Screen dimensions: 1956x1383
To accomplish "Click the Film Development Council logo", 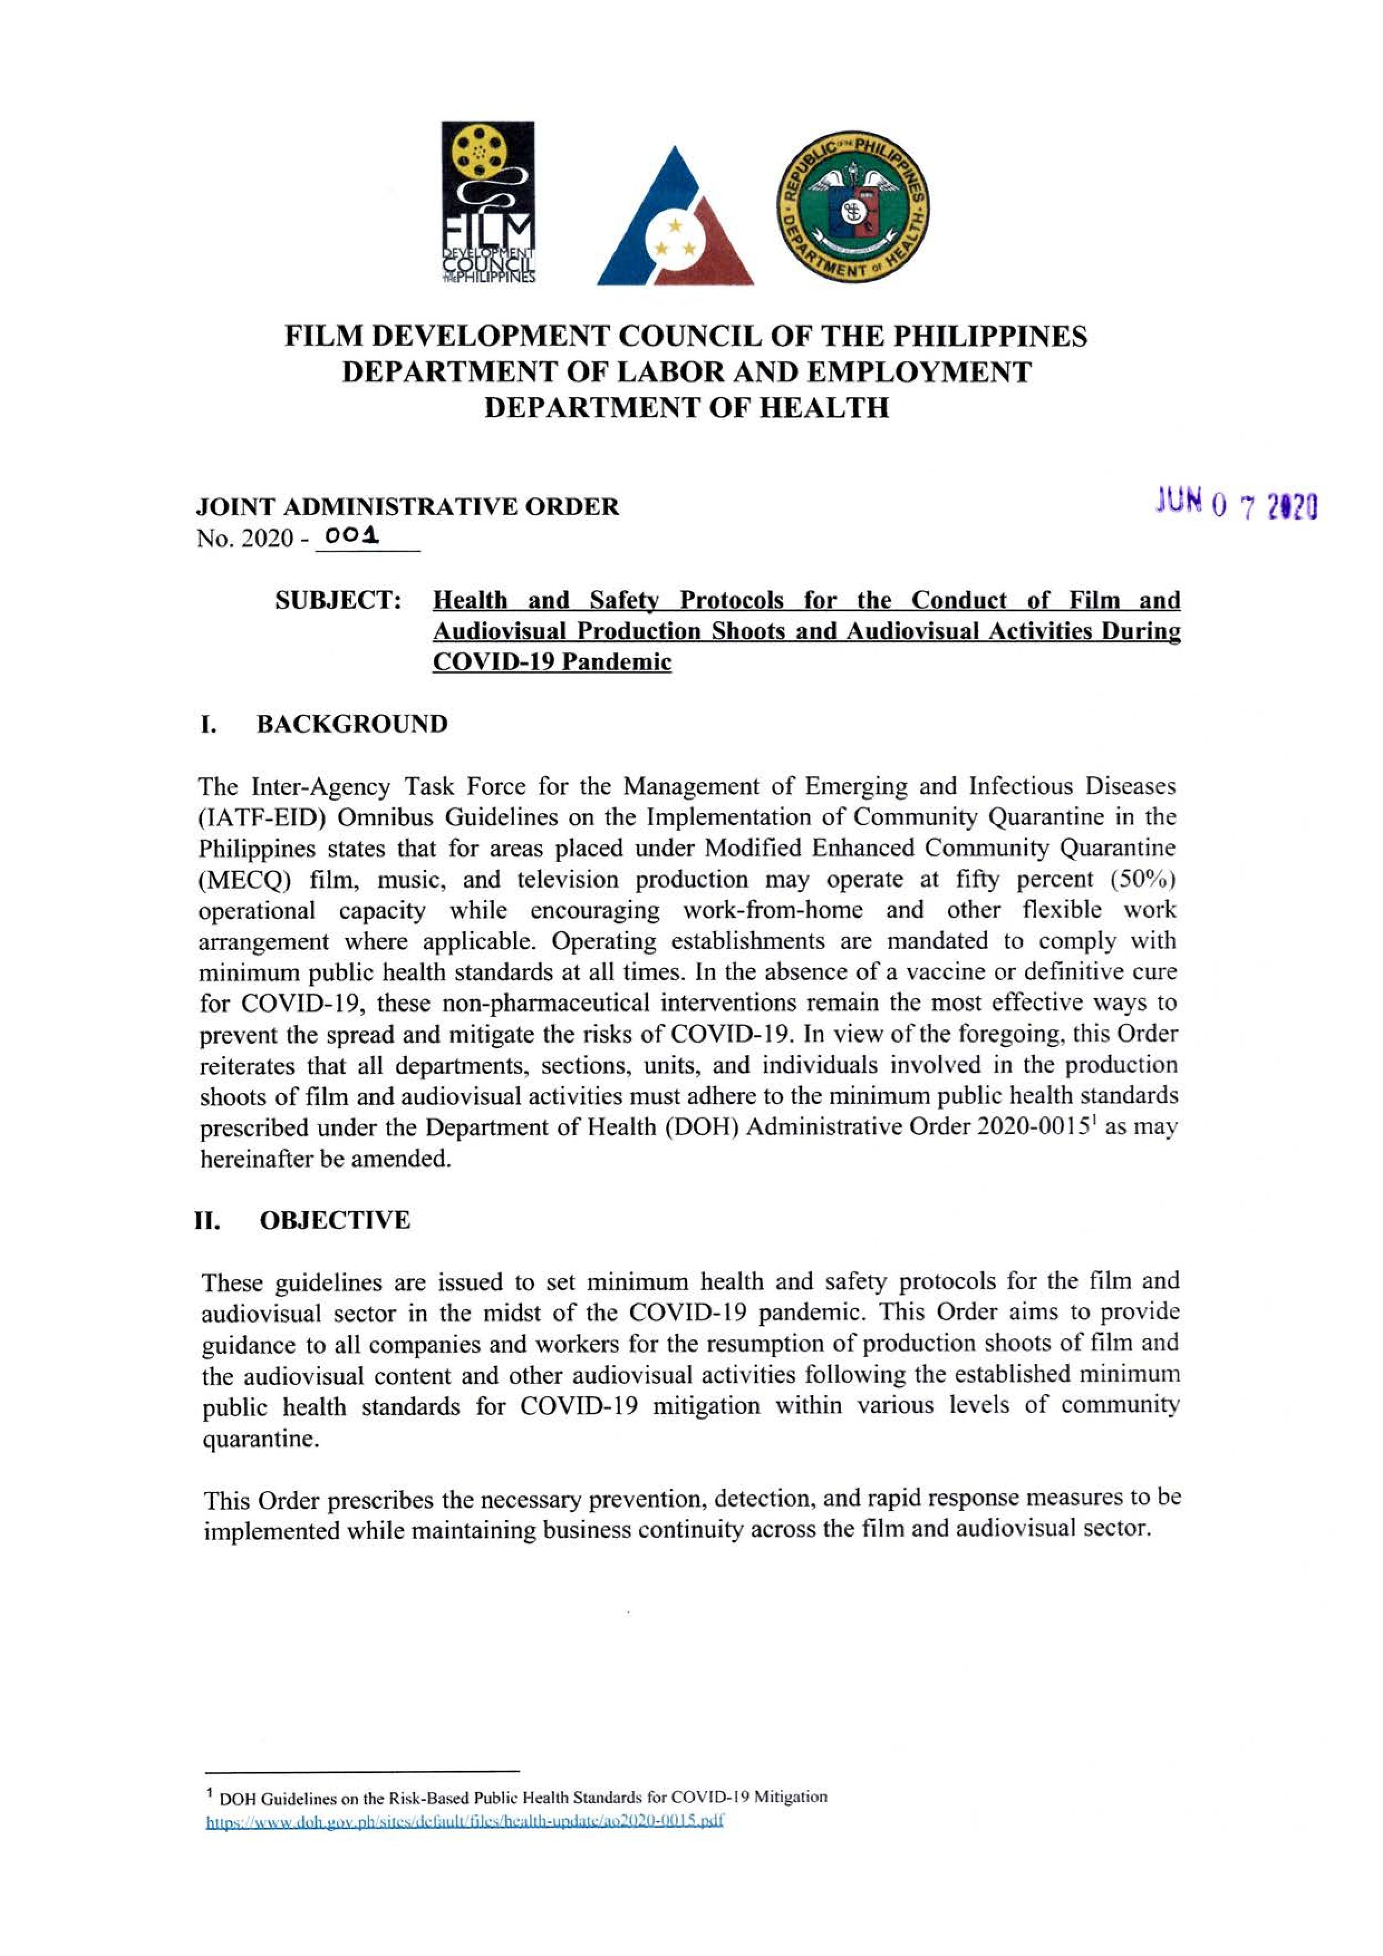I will click(x=487, y=203).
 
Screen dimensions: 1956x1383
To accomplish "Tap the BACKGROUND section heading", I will click(x=352, y=724).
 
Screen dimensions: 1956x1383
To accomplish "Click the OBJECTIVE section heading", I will click(x=335, y=1220).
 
